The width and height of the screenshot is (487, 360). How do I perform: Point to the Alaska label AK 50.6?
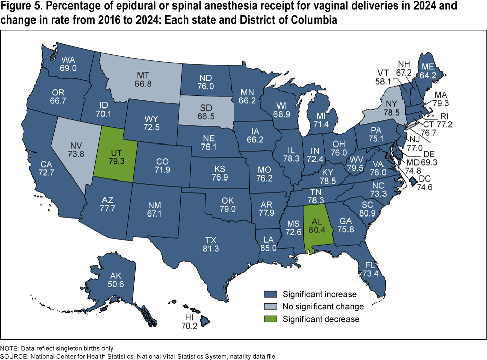pyautogui.click(x=115, y=280)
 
